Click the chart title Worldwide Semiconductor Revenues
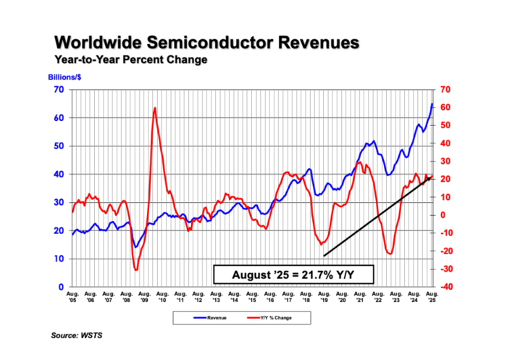(x=206, y=43)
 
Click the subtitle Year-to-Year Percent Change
(x=130, y=59)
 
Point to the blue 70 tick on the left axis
(x=59, y=89)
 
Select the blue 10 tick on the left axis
(x=59, y=259)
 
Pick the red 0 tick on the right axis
(x=442, y=215)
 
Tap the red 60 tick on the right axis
(x=445, y=107)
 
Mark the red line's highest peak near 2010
(x=155, y=108)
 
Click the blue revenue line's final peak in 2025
(x=432, y=104)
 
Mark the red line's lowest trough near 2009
(x=136, y=270)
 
